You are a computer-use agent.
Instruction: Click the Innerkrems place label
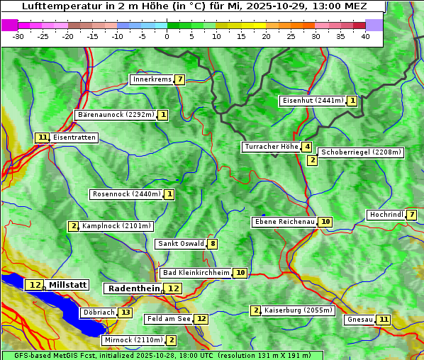152,79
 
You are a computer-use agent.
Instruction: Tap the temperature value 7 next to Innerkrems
180,79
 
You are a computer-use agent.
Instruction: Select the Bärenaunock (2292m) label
115,115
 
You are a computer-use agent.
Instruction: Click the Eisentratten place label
74,137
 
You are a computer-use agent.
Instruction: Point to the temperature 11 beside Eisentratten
43,137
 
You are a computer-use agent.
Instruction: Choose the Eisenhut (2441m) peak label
312,101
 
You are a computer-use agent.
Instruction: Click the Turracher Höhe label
271,147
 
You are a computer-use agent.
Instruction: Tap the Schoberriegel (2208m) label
361,152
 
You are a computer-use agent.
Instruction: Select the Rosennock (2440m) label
126,194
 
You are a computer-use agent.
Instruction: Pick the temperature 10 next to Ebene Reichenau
325,222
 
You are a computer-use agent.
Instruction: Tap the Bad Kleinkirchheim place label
196,273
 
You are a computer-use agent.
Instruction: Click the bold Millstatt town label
67,285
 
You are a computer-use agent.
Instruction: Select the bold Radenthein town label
133,288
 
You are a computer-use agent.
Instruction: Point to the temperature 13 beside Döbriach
125,313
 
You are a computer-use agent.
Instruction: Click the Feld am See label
168,320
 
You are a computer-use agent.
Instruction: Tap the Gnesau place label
359,320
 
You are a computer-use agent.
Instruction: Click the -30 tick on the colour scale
18,36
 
